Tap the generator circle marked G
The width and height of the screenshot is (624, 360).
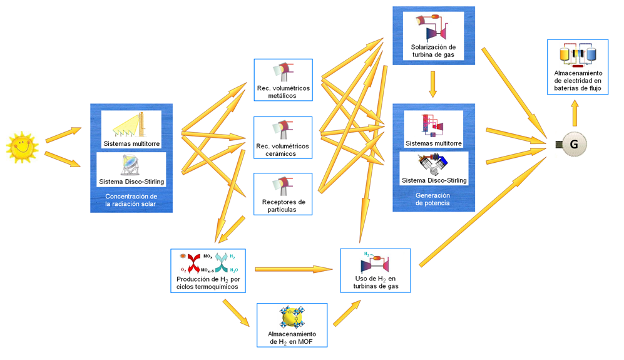tap(573, 145)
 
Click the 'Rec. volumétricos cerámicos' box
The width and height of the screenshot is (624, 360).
tap(282, 138)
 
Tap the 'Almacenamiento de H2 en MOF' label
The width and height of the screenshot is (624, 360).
tap(292, 338)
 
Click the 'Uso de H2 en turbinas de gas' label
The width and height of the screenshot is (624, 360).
tap(375, 282)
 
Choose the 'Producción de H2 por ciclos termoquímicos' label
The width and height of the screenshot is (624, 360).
tap(208, 283)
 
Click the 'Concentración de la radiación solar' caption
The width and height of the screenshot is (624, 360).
tap(131, 200)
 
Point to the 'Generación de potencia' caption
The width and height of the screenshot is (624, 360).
tap(432, 200)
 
